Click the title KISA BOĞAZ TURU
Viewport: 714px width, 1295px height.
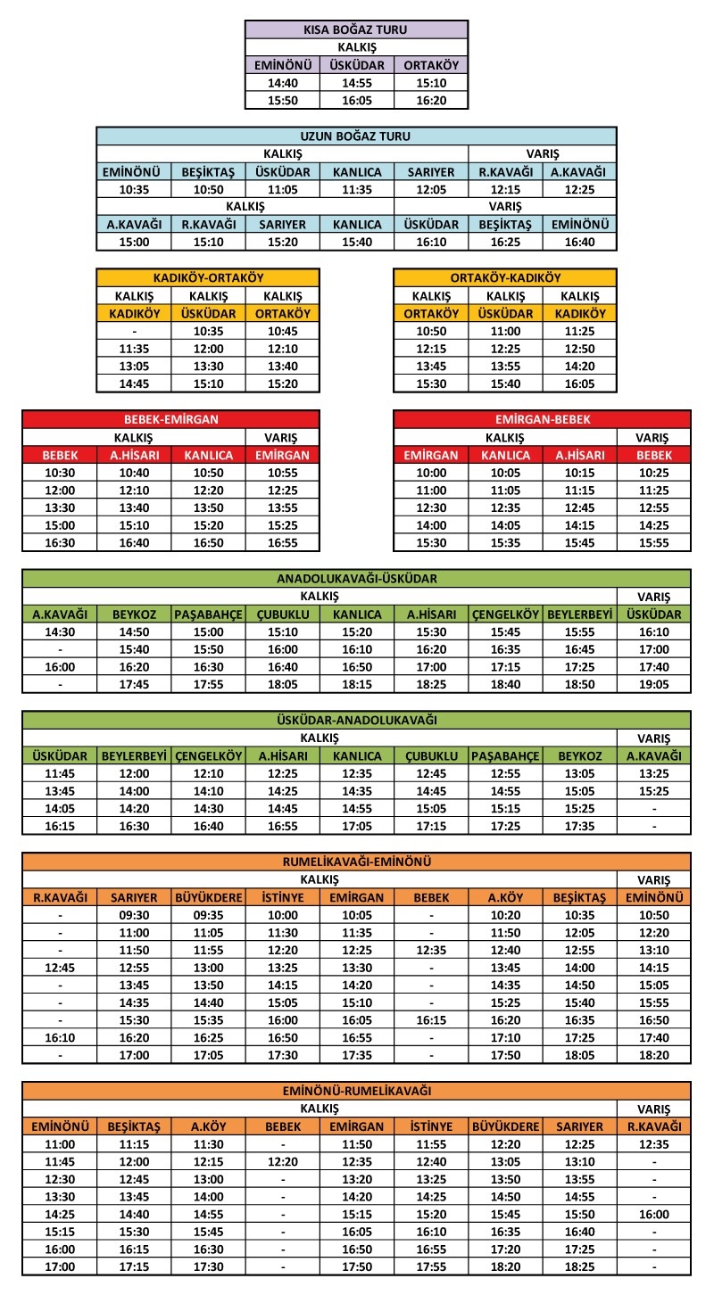pos(356,29)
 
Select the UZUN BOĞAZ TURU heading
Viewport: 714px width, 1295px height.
pos(356,136)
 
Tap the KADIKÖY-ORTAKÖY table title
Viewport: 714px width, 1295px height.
pos(208,277)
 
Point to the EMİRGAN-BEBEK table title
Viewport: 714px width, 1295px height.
pos(542,418)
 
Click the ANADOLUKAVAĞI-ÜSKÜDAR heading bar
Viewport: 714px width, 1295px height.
pos(356,578)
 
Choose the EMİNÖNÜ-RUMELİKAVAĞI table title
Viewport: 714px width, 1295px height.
pos(356,1090)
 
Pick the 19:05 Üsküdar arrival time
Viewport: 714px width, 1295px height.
pos(653,684)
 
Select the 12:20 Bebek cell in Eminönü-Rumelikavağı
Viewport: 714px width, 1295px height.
pos(282,1161)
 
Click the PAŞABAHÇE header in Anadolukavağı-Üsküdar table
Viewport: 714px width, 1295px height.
pos(208,615)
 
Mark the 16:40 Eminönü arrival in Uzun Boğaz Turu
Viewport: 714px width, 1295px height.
pos(579,242)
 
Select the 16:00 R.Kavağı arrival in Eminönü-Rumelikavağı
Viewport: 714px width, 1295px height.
pos(653,1214)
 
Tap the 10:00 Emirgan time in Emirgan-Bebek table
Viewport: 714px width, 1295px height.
pos(431,472)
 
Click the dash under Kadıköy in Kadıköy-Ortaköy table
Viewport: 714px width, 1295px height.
pos(134,331)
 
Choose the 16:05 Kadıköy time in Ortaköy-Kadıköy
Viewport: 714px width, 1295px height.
pos(579,384)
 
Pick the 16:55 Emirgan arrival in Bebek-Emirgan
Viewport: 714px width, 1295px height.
pos(282,542)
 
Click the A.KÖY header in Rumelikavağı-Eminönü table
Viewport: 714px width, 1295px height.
pos(505,897)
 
